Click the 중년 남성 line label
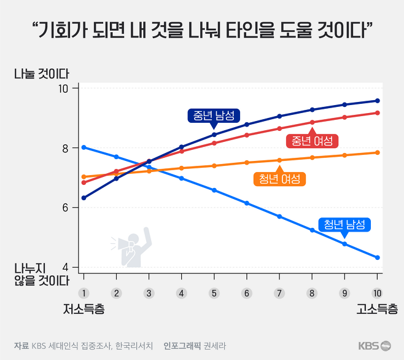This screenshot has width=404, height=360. tap(214, 115)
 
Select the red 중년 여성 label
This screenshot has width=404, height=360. tap(313, 141)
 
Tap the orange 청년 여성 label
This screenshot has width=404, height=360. tap(279, 179)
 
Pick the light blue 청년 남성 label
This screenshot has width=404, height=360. tap(344, 224)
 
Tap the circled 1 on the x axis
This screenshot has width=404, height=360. tap(84, 293)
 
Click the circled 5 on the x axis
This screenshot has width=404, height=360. tap(214, 293)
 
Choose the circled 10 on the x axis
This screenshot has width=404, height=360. tap(377, 293)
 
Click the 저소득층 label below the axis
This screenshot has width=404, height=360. tap(84, 308)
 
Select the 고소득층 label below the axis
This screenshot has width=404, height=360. tap(377, 308)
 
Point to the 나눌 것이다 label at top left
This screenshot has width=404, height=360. tap(42, 73)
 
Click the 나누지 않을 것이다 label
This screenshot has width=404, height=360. tap(42, 275)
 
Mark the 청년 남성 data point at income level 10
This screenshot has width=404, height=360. tap(378, 257)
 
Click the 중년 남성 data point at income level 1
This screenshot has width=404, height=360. tap(84, 198)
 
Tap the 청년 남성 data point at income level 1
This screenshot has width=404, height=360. tap(84, 147)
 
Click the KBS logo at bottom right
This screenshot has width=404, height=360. tap(375, 345)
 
